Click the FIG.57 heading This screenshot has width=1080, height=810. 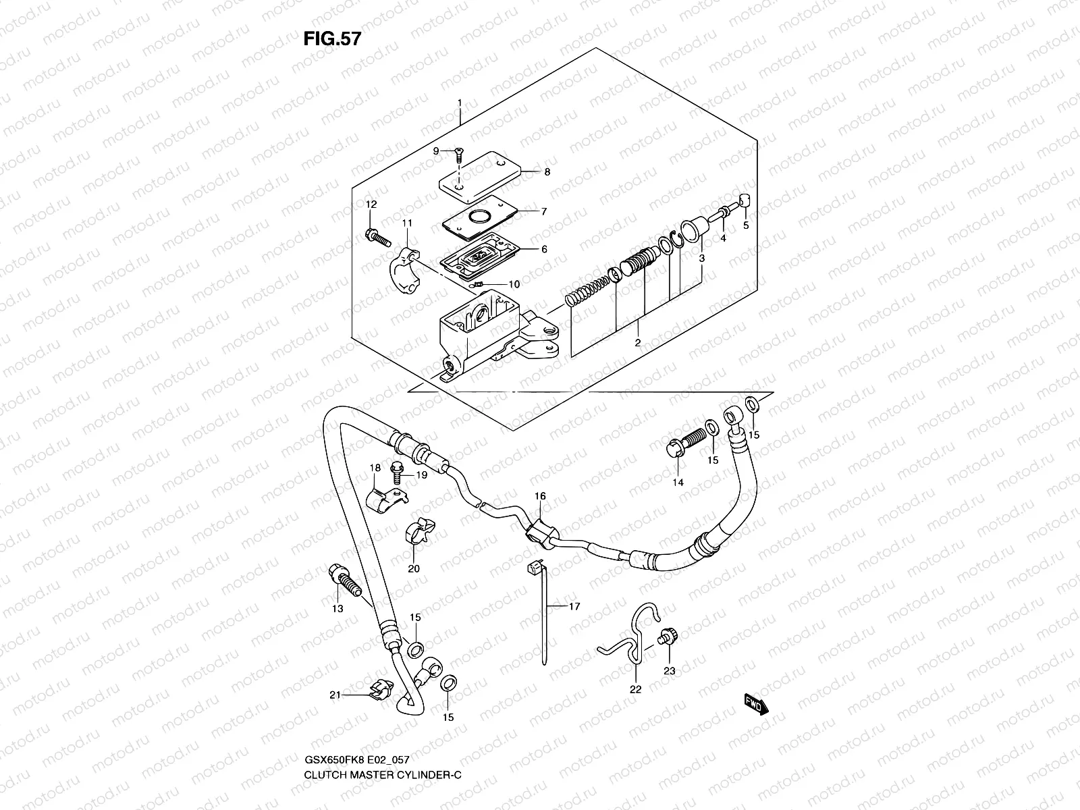331,39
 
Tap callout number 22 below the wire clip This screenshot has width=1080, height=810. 636,689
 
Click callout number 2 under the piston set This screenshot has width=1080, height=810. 637,344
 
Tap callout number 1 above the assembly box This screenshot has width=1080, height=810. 459,103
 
